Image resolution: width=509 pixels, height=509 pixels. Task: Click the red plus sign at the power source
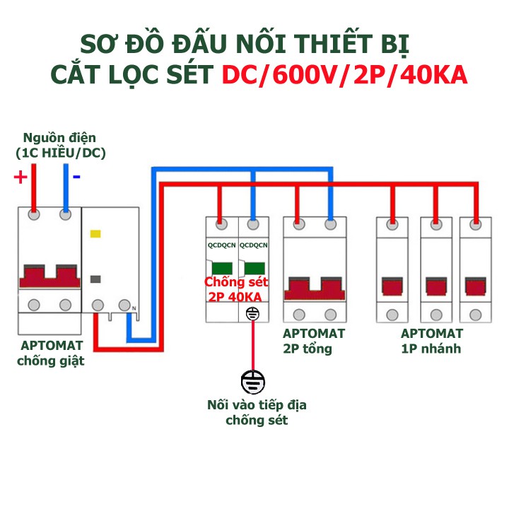click(21, 177)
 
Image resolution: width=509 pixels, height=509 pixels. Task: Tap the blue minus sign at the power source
click(76, 176)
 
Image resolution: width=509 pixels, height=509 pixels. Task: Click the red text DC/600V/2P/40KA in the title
click(344, 76)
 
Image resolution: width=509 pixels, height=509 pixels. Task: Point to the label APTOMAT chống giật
click(52, 353)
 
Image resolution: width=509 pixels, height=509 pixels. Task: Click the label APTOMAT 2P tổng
click(314, 341)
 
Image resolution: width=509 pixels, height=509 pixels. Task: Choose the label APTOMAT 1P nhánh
click(431, 341)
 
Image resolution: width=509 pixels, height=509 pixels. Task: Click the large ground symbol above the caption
click(252, 382)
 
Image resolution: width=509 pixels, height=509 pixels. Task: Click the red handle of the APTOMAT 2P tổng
click(314, 290)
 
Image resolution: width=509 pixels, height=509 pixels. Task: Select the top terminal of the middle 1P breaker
click(433, 225)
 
